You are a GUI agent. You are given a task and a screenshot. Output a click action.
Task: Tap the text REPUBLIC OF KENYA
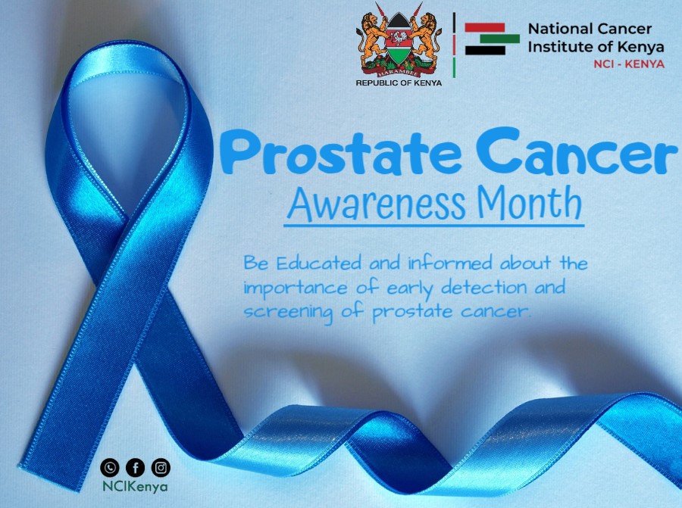click(399, 83)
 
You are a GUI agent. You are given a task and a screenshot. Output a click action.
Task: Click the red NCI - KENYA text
click(629, 64)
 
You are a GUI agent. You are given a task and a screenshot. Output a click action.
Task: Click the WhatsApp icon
click(111, 467)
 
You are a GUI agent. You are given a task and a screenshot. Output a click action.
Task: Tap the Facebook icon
click(136, 467)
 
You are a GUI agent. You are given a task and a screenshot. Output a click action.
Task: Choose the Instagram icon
click(161, 467)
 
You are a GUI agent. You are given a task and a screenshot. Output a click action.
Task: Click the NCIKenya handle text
click(136, 487)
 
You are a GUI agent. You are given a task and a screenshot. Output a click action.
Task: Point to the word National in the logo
click(556, 29)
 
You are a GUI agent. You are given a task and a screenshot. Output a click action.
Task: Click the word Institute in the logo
click(557, 46)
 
